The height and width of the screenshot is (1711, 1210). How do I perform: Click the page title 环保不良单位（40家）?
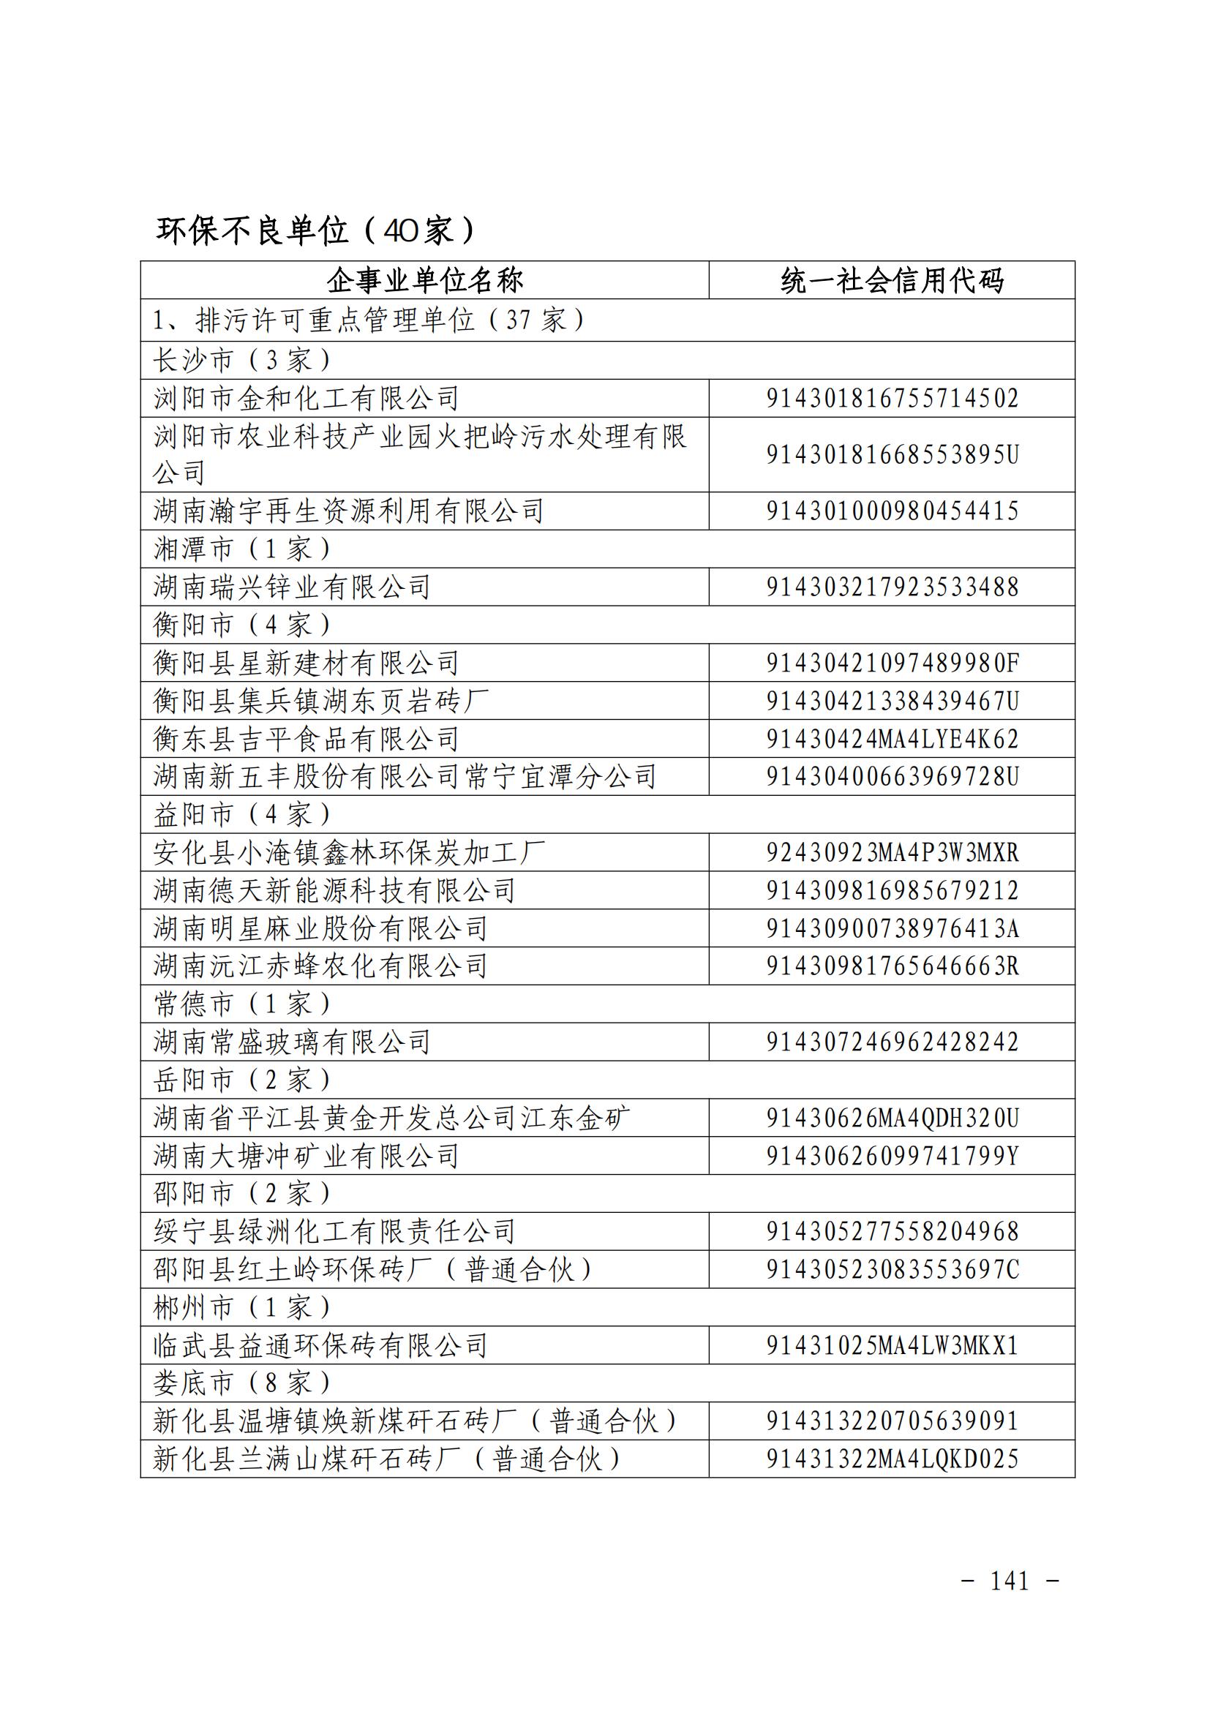tap(315, 230)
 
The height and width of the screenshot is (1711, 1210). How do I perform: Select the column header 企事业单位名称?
tap(425, 281)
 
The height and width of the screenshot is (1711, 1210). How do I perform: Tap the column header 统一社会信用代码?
tap(892, 281)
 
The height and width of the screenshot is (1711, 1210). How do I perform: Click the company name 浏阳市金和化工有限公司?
tap(307, 399)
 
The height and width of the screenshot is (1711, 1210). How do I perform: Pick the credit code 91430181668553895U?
tap(892, 454)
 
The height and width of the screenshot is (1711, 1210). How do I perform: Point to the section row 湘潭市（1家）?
tap(242, 549)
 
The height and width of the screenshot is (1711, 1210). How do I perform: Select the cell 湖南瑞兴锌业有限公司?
tap(292, 587)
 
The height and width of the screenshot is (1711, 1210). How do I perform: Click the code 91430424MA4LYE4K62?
tap(892, 739)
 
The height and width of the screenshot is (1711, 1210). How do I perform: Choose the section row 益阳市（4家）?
tap(242, 814)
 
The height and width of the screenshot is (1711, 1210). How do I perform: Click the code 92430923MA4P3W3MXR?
tap(892, 852)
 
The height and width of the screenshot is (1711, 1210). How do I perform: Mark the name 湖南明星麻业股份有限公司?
tap(320, 928)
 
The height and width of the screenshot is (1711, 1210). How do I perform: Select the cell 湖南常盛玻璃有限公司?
tap(292, 1042)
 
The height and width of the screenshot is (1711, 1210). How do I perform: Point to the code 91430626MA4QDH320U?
tap(892, 1118)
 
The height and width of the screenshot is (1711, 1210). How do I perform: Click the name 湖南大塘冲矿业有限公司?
tap(307, 1156)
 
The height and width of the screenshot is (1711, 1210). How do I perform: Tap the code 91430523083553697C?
tap(892, 1269)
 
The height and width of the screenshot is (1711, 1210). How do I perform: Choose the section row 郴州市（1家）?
tap(242, 1307)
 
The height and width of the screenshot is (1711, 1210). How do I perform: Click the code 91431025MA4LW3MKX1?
tap(892, 1345)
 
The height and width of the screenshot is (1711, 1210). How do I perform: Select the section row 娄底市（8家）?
tap(242, 1383)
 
